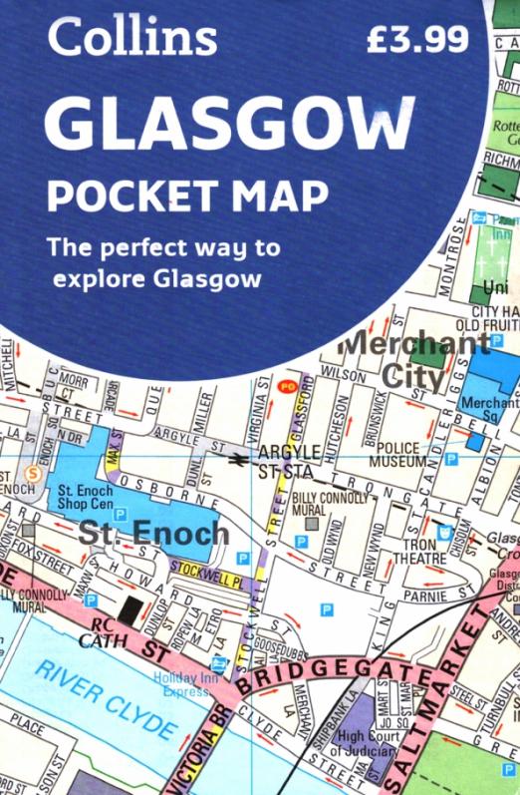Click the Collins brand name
coord(131,37)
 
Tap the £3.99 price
coord(416,39)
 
